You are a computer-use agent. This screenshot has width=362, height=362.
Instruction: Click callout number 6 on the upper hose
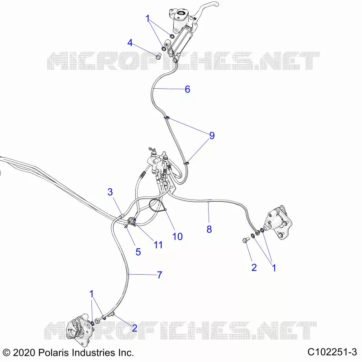(x=187, y=89)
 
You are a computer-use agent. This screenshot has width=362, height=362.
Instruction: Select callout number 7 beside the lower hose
(x=160, y=275)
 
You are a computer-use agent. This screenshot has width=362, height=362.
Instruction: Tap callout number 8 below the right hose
(x=209, y=229)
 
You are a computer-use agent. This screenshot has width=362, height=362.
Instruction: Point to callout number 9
(x=212, y=135)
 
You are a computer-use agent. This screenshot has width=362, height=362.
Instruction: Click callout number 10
(x=177, y=236)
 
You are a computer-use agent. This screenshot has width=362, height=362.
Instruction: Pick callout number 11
(x=158, y=245)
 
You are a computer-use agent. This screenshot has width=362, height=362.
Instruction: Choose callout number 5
(x=138, y=252)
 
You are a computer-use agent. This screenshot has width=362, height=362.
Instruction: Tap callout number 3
(x=110, y=192)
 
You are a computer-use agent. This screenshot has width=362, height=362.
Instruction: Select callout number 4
(x=130, y=43)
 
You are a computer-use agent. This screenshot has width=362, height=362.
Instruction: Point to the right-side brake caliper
(x=278, y=222)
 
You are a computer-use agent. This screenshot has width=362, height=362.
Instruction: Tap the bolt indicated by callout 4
(x=158, y=56)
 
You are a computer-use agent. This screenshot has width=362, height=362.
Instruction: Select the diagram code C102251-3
(x=332, y=352)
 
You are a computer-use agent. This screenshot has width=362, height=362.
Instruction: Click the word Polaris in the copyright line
(x=53, y=353)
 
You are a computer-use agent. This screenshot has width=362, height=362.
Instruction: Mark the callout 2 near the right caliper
(x=254, y=267)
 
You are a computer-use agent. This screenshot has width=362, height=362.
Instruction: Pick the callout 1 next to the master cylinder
(x=148, y=19)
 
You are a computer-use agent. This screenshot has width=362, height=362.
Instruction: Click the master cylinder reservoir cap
(x=180, y=14)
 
